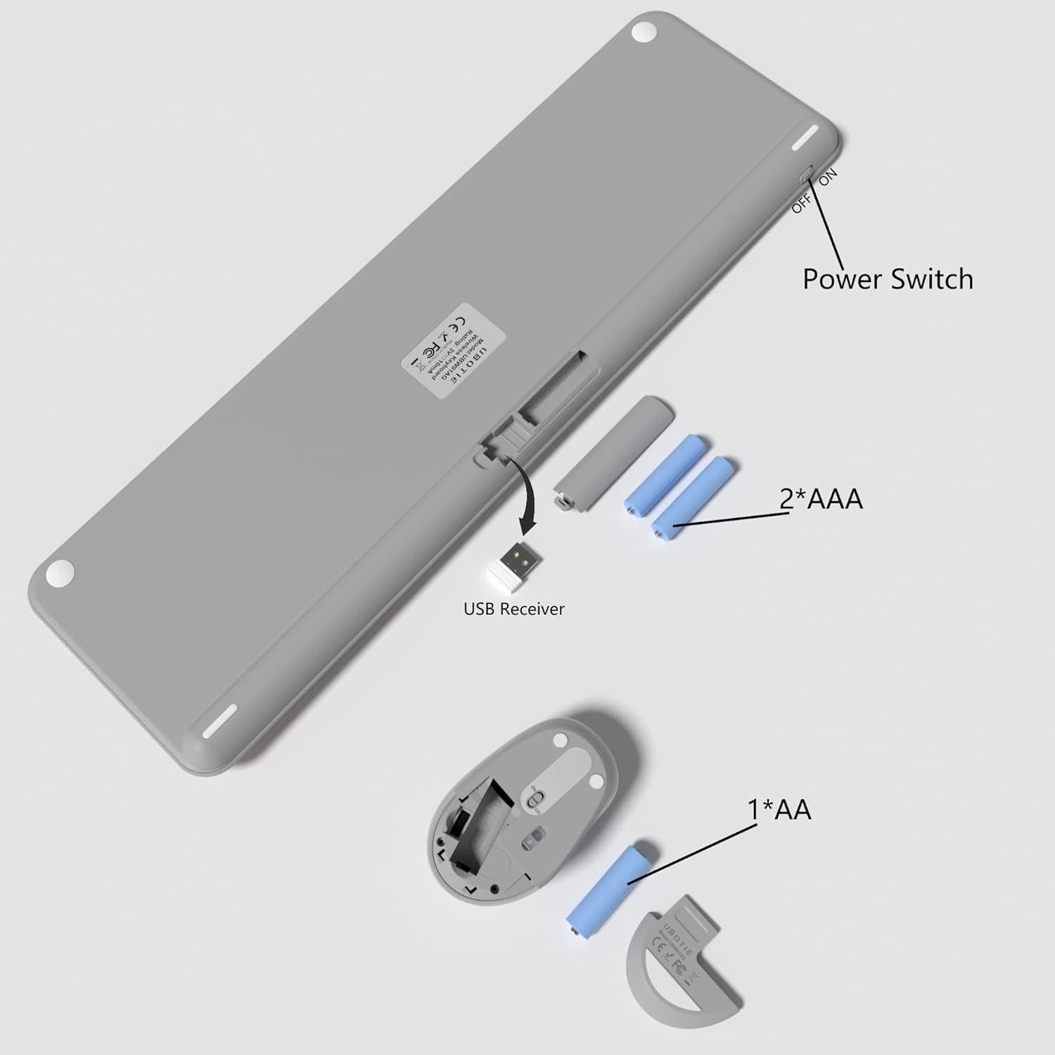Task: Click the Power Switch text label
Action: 888,279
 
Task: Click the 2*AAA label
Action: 820,499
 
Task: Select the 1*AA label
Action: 779,809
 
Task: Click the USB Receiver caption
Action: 513,608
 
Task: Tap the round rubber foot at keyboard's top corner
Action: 642,32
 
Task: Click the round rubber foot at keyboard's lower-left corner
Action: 60,573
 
